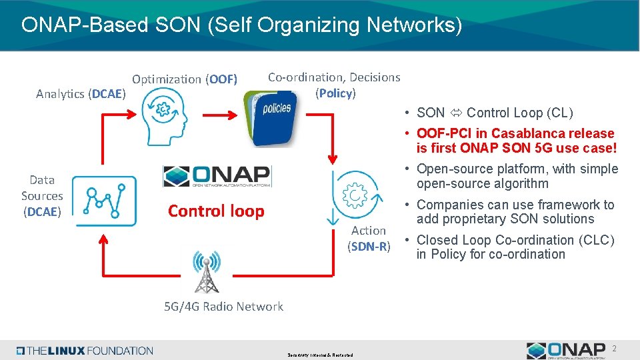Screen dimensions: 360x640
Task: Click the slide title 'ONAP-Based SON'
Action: click(x=241, y=25)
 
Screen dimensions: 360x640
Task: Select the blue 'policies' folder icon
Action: click(x=271, y=117)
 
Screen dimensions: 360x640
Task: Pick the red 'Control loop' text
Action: click(x=216, y=211)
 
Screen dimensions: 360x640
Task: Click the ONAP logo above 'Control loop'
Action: click(x=217, y=176)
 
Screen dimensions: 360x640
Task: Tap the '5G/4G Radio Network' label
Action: click(x=224, y=307)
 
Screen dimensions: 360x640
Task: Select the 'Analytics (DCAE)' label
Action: click(x=81, y=94)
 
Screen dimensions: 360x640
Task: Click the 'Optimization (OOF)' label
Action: click(x=185, y=79)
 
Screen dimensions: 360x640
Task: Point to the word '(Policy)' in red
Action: click(x=336, y=93)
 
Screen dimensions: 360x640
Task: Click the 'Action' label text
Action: click(x=369, y=231)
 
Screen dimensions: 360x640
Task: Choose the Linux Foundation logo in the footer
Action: click(x=85, y=351)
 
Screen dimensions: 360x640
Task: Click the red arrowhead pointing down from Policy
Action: click(x=333, y=159)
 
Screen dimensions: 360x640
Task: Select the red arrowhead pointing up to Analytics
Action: click(x=103, y=116)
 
